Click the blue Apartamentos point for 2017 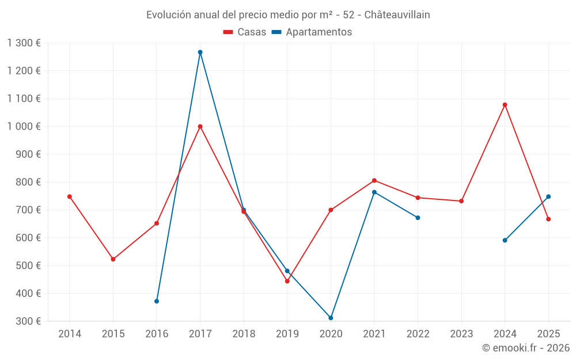(x=200, y=52)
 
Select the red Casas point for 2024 (x=505, y=105)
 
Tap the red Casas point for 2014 (x=70, y=196)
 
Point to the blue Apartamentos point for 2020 (x=331, y=318)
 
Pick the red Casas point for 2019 (x=287, y=281)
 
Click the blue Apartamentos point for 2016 (x=157, y=301)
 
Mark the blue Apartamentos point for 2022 (x=418, y=218)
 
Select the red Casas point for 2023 (x=461, y=201)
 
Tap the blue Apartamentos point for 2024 (x=505, y=240)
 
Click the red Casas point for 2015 (x=113, y=259)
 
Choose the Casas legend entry (x=245, y=32)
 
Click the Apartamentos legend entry (x=312, y=32)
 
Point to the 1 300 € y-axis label (x=24, y=43)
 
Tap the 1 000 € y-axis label (x=24, y=127)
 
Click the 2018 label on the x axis (x=244, y=334)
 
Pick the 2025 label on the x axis (x=548, y=334)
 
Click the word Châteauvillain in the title (x=397, y=15)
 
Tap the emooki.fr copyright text (x=526, y=348)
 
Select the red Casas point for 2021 (x=374, y=180)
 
